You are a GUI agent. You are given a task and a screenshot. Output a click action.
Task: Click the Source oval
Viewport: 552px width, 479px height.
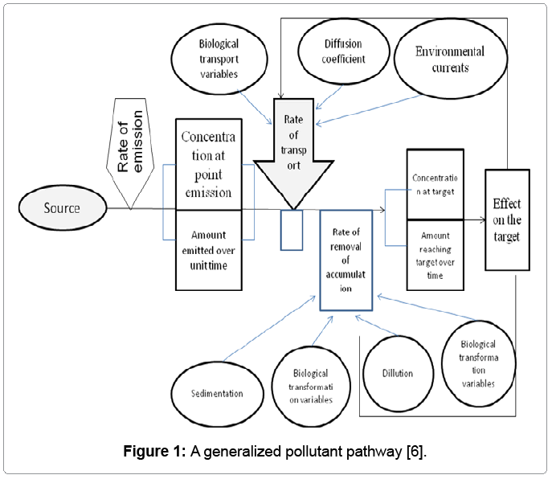(x=63, y=208)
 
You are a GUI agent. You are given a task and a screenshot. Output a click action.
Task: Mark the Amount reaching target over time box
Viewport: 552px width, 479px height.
(x=435, y=253)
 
